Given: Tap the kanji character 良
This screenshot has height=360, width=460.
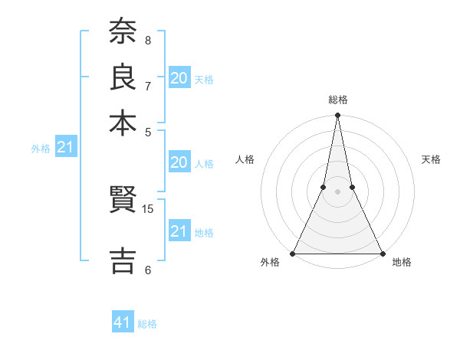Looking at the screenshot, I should [123, 77].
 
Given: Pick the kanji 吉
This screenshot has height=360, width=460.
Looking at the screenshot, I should [123, 259].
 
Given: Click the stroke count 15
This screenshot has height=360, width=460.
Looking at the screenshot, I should [148, 208].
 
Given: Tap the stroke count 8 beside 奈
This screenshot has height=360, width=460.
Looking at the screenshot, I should [148, 40].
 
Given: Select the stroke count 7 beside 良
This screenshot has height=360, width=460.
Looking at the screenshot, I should [148, 86].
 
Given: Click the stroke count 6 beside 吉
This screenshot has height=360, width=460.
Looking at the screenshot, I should [148, 270].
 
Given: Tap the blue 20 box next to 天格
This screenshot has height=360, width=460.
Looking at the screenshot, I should [179, 78].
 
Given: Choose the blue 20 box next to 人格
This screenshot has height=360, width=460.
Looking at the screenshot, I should [179, 162].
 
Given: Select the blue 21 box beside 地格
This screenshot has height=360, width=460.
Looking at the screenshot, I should [179, 231].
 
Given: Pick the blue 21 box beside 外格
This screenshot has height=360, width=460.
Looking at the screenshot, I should [65, 147].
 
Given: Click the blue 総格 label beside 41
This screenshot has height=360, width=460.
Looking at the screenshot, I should [147, 324].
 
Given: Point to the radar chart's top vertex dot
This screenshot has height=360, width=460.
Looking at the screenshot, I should [337, 116].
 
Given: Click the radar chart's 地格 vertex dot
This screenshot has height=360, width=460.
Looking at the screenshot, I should [382, 253].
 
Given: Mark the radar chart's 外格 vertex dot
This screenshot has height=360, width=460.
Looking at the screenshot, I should [293, 253].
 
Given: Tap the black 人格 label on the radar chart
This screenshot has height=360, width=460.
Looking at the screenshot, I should [245, 159].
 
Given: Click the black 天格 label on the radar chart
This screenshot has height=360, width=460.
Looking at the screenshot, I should [432, 159].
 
